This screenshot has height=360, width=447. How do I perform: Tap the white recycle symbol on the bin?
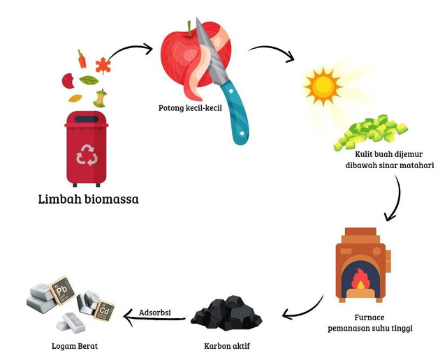pos(87,154)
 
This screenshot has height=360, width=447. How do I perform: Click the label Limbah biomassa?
pos(88,200)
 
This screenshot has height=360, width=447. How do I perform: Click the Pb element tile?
pos(61,289)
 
